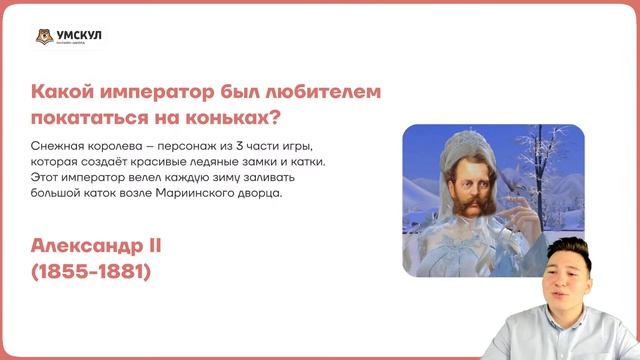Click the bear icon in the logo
click(41, 38)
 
